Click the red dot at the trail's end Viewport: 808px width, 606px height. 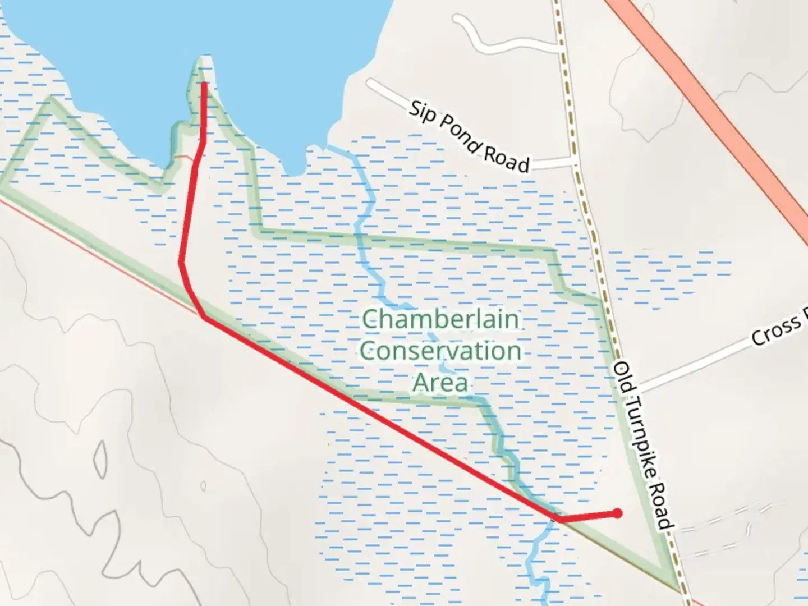tap(617, 513)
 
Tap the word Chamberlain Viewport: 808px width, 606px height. tap(440, 320)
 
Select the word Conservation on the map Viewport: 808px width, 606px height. tap(440, 351)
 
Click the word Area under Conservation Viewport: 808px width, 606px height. tap(440, 383)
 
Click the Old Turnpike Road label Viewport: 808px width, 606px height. tap(642, 446)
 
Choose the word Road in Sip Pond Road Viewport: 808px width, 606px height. tap(506, 159)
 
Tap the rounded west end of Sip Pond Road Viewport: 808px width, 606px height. tap(370, 84)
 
